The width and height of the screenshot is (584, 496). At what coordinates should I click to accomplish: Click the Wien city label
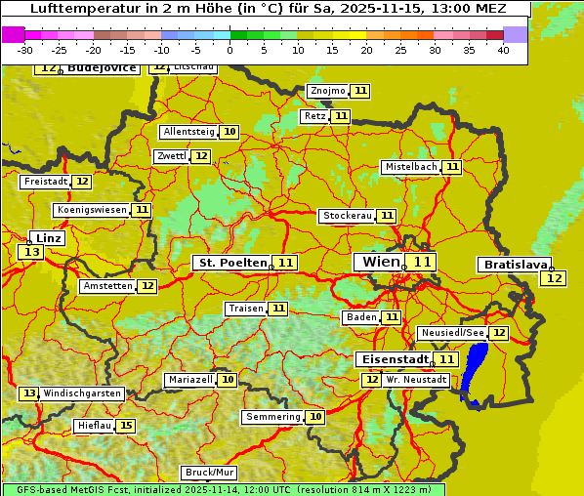coord(381,262)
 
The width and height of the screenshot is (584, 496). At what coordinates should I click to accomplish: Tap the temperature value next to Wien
coord(422,262)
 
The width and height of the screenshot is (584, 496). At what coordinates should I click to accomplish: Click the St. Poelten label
coord(232,263)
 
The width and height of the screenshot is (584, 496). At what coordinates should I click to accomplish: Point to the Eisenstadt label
coord(392,359)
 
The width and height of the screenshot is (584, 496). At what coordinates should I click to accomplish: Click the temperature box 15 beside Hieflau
coord(126,426)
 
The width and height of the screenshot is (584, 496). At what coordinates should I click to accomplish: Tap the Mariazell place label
coord(189,380)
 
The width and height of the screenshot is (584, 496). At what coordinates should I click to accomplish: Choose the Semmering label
coord(273,417)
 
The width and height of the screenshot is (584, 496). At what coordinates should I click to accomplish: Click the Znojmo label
coord(327,91)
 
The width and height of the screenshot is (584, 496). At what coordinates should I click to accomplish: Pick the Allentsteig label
coord(188,132)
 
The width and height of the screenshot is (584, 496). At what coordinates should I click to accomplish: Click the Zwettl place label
coord(171,156)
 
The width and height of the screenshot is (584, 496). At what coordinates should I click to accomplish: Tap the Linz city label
coord(49,238)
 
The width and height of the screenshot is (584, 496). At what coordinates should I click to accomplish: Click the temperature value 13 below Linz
coord(30,253)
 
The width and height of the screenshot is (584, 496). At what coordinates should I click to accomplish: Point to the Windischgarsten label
coord(82,393)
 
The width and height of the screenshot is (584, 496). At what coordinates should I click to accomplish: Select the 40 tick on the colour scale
coord(503,50)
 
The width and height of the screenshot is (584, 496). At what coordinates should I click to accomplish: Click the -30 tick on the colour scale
coord(25,50)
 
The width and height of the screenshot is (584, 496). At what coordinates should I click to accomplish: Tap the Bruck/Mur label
coord(208,473)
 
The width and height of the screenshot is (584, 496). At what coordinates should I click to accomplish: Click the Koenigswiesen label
coord(92,210)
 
